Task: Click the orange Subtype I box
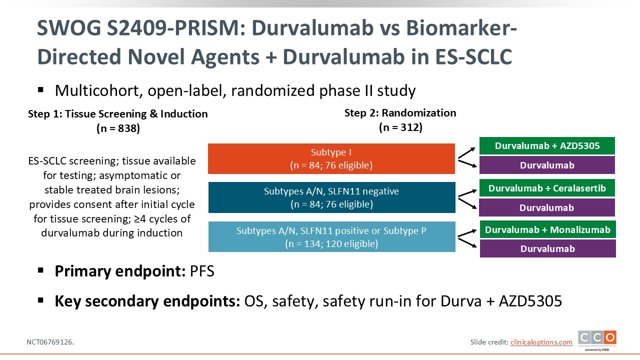(331, 159)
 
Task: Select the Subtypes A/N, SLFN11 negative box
(331, 197)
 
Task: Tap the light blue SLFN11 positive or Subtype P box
(331, 237)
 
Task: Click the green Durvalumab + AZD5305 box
(547, 145)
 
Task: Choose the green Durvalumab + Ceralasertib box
(547, 188)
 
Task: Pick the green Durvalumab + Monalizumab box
(547, 229)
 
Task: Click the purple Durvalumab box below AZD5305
(547, 165)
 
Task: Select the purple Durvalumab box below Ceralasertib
(547, 207)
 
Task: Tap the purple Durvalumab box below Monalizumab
(547, 248)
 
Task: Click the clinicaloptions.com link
(541, 342)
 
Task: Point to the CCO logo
(597, 340)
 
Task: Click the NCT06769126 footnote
(50, 342)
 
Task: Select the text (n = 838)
(118, 128)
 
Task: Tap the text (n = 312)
(400, 127)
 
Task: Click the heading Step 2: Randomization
(400, 113)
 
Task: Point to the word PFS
(202, 271)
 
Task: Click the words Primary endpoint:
(120, 271)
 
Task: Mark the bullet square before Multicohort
(40, 90)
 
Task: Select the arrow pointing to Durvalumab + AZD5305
(466, 153)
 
